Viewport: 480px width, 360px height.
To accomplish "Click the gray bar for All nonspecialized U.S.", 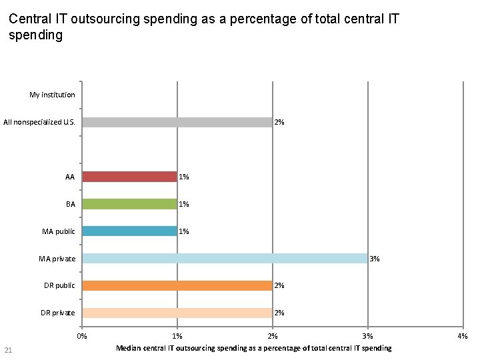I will (177, 122).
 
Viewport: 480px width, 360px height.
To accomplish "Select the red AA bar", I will (129, 177).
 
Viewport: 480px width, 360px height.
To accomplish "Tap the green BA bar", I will (129, 204).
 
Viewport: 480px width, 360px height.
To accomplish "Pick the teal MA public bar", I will (129, 231).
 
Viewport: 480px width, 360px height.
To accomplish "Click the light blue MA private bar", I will (225, 259).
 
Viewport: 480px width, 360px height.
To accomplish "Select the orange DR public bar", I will (177, 285).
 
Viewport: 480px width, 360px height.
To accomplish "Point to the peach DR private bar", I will (177, 313).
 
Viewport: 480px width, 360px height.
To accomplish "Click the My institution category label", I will (52, 95).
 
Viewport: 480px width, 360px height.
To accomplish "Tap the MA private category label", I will (58, 259).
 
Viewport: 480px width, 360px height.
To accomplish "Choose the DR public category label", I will (59, 285).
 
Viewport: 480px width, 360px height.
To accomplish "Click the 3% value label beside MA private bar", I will (375, 259).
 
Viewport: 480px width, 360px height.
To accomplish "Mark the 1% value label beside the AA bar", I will (184, 177).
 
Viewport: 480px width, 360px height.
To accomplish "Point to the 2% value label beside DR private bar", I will (279, 313).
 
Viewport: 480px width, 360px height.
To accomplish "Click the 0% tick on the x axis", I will (82, 337).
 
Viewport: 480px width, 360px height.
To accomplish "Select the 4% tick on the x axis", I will (463, 337).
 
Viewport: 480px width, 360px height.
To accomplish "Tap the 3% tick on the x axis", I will (368, 337).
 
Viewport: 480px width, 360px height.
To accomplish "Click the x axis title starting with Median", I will (253, 348).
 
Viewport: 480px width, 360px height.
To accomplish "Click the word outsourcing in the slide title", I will (103, 19).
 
